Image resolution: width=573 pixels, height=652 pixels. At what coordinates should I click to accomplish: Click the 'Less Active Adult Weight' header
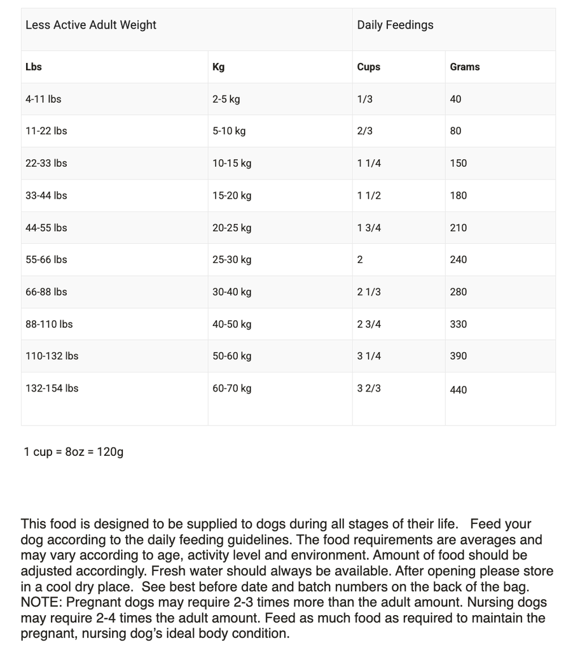coord(91,25)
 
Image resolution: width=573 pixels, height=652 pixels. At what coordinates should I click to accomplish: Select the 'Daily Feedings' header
coord(395,25)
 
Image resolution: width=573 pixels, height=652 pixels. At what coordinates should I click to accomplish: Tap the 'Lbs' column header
coord(34,67)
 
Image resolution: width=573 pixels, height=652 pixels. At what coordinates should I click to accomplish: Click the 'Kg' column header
coord(218,67)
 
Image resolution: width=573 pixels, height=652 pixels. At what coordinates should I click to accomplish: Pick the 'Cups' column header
coord(368,67)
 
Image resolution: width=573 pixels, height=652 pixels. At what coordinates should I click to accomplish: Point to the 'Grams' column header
coord(464,67)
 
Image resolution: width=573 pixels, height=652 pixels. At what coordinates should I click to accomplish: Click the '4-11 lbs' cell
coord(43,99)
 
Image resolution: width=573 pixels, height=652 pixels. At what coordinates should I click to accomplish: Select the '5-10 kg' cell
coord(229,131)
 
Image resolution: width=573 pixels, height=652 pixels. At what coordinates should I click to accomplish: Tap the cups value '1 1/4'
coord(369,164)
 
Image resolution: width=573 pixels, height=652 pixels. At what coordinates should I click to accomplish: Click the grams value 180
coord(458,195)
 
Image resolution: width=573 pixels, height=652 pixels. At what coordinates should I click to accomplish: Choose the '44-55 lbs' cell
coord(46,228)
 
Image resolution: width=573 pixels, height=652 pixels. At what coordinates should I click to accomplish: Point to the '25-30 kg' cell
coord(231,260)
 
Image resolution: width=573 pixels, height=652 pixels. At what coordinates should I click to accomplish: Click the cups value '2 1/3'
coord(369,292)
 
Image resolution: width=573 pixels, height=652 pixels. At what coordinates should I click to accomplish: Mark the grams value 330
coord(458,324)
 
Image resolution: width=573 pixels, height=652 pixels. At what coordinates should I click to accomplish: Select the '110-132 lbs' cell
coord(52,356)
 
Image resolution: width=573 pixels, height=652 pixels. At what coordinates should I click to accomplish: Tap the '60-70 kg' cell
coord(231,388)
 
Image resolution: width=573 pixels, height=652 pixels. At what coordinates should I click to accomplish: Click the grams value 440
coord(458,390)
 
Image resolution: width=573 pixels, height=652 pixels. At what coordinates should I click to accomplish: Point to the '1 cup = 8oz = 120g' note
coord(74,452)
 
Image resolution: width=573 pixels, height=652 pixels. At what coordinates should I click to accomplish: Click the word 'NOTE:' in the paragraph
coord(42,602)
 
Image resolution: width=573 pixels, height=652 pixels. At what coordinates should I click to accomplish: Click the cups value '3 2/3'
coord(369,388)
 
